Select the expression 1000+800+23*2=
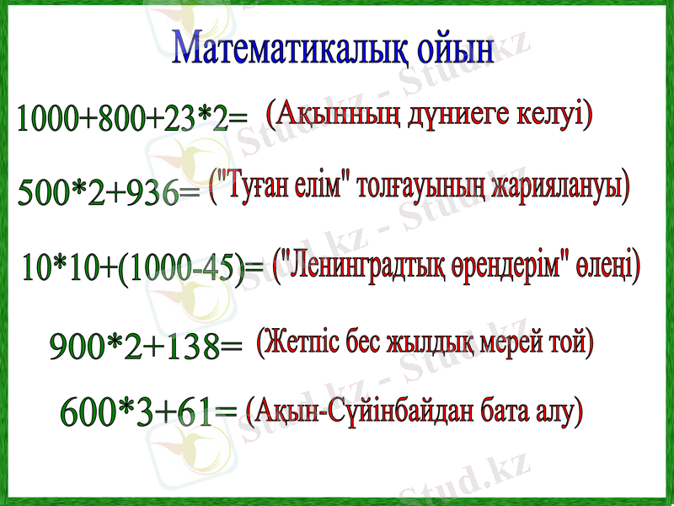(132, 119)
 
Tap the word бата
(511, 411)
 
